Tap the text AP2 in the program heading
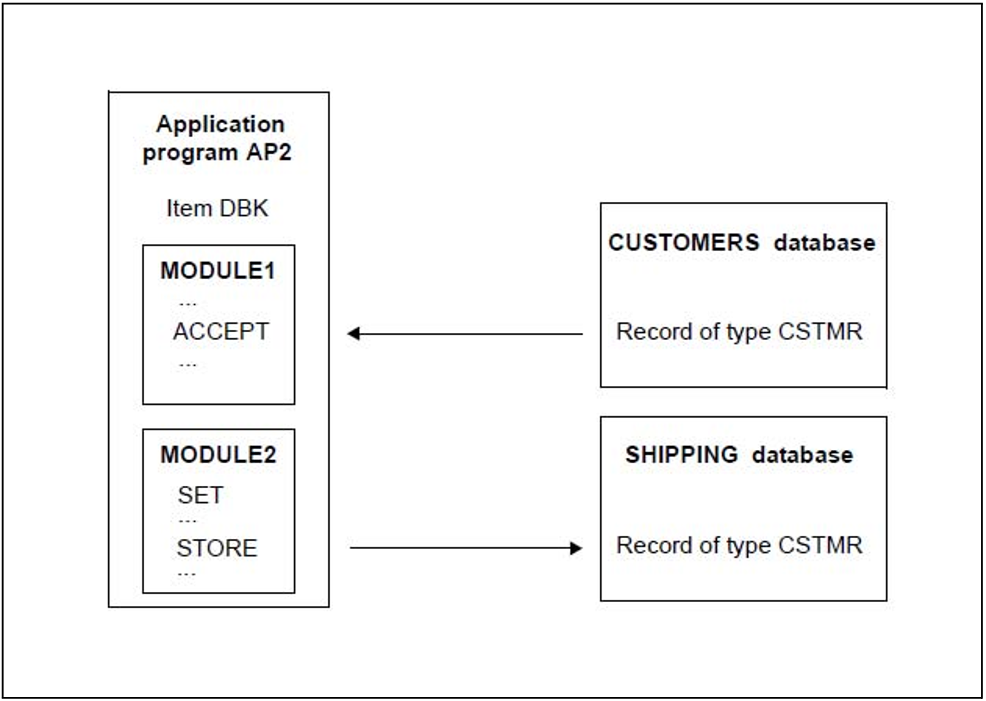[269, 152]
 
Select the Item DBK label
[217, 208]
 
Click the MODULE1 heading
[218, 270]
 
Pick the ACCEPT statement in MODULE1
[221, 331]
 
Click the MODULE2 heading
[218, 455]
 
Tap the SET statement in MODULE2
[200, 495]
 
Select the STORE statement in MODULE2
[217, 548]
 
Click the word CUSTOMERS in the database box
[684, 242]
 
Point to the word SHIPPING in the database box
[681, 455]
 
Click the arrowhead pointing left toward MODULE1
[354, 333]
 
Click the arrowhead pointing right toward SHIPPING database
[576, 548]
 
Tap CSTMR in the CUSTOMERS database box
[820, 331]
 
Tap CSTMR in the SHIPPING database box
[820, 545]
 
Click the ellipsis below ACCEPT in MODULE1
[187, 366]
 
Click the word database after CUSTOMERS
[825, 243]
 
